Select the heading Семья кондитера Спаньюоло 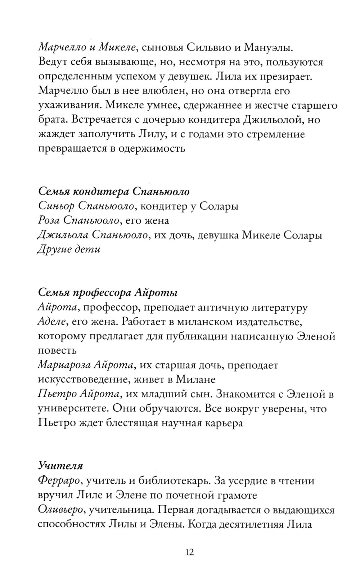114,191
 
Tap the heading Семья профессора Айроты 108,292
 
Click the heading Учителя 60,466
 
